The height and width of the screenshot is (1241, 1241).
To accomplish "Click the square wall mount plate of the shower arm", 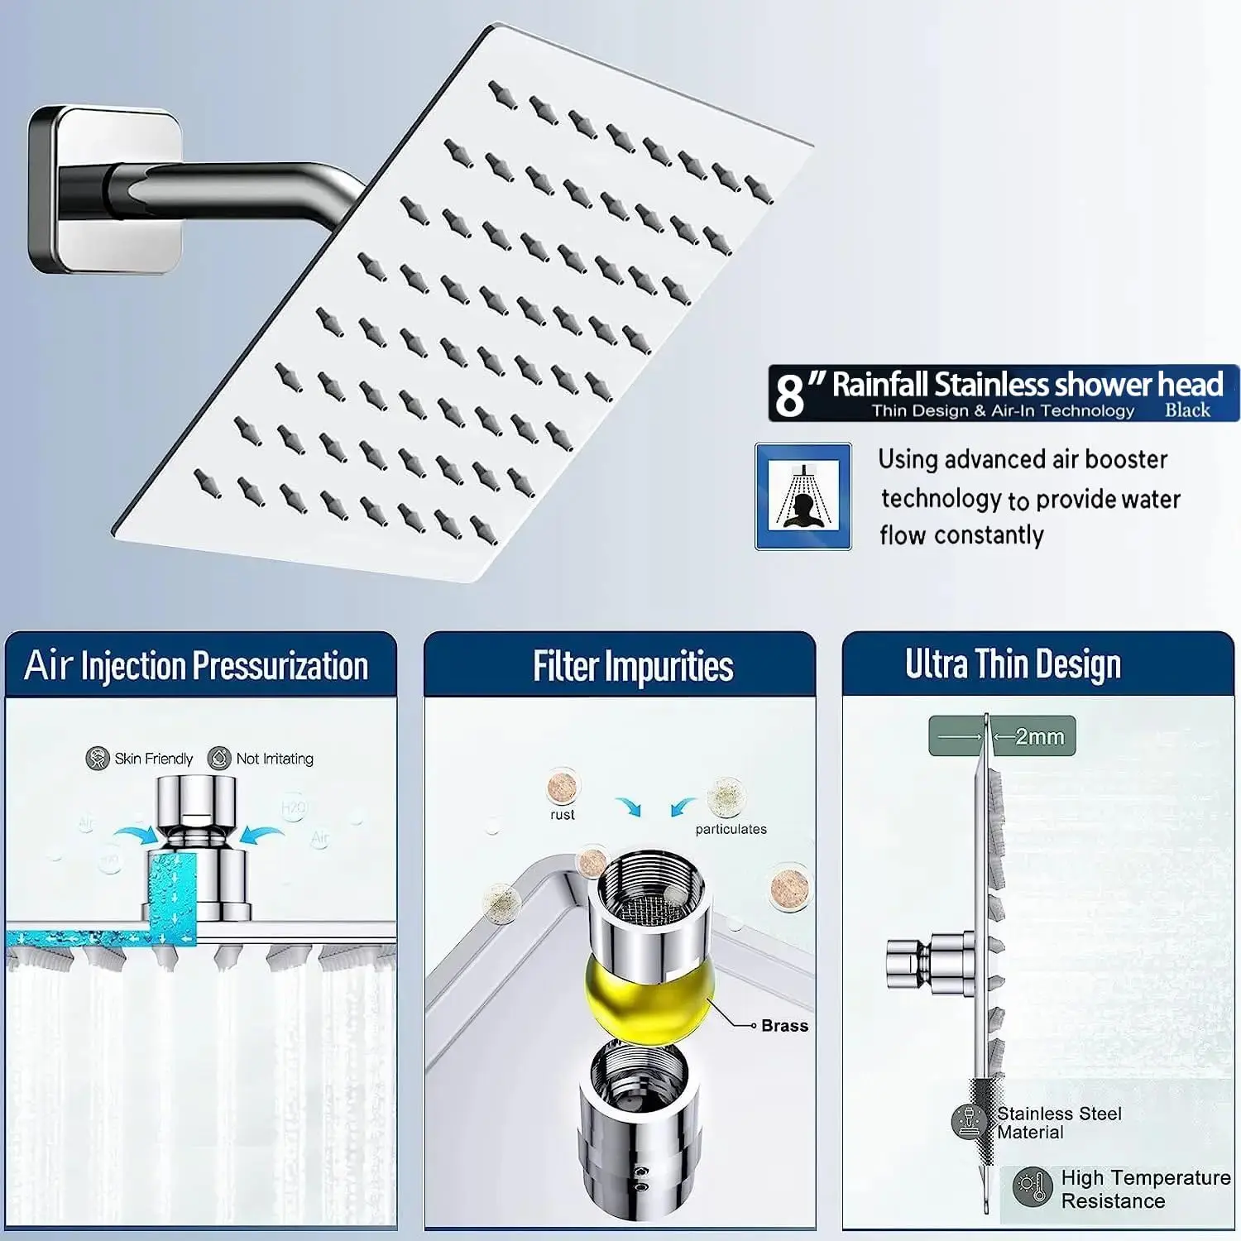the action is pyautogui.click(x=103, y=190).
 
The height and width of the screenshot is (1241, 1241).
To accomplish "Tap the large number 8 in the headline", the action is pyautogui.click(x=790, y=394).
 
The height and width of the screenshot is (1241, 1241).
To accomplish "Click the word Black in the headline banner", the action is pyautogui.click(x=1187, y=410).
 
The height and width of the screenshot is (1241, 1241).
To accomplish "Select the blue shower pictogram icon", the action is pyautogui.click(x=803, y=496).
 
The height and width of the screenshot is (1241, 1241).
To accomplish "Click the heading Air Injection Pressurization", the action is pyautogui.click(x=197, y=666).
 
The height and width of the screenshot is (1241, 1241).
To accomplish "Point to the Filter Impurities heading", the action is pyautogui.click(x=633, y=667).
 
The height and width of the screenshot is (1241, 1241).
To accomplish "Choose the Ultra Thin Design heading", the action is pyautogui.click(x=1013, y=664).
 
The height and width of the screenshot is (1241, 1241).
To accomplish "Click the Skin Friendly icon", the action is pyautogui.click(x=98, y=758).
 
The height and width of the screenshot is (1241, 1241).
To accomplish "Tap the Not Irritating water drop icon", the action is pyautogui.click(x=219, y=758).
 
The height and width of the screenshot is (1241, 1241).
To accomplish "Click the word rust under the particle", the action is pyautogui.click(x=563, y=815).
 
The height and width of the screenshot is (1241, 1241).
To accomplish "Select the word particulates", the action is pyautogui.click(x=731, y=829).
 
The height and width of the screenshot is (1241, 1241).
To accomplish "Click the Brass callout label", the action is pyautogui.click(x=784, y=1026).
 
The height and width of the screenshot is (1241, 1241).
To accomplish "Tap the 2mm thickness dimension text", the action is pyautogui.click(x=1039, y=736).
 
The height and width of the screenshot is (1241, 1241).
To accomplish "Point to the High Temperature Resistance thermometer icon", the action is pyautogui.click(x=1032, y=1189).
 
